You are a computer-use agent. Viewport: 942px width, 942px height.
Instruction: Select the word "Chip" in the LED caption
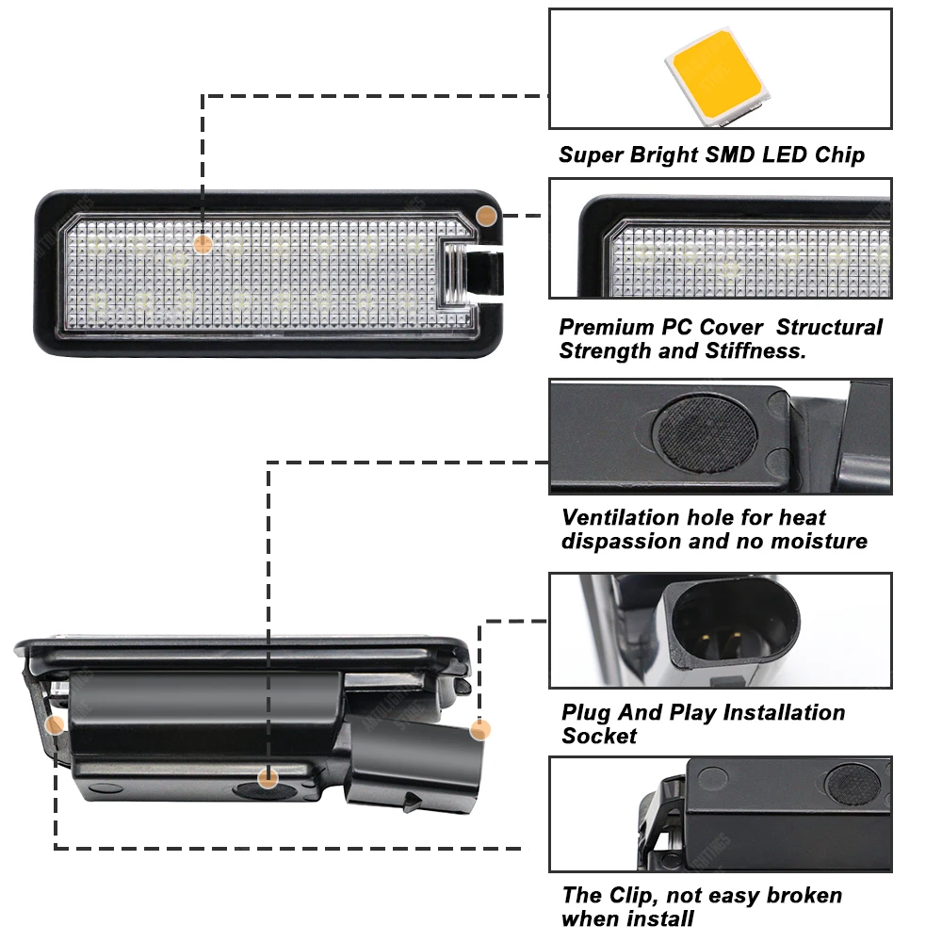pyautogui.click(x=839, y=154)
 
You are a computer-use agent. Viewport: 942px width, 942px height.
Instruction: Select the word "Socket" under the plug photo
pyautogui.click(x=599, y=737)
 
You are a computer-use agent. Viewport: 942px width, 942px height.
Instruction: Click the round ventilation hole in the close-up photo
pyautogui.click(x=706, y=430)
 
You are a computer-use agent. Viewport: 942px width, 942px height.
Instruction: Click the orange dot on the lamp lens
pyautogui.click(x=203, y=244)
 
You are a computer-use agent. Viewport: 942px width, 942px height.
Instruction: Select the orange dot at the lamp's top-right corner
pyautogui.click(x=486, y=215)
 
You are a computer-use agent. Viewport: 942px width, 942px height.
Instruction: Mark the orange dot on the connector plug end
pyautogui.click(x=480, y=729)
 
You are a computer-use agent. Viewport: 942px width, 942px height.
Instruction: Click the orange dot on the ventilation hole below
pyautogui.click(x=268, y=778)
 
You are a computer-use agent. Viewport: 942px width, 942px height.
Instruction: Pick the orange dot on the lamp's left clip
pyautogui.click(x=56, y=725)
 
